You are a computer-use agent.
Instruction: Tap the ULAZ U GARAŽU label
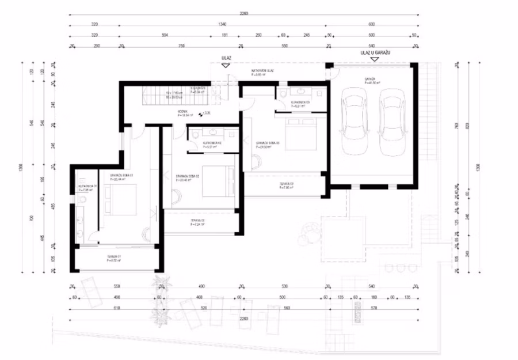tap(376, 53)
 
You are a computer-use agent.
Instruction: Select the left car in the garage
tap(353, 122)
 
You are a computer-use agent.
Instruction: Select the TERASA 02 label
tap(199, 222)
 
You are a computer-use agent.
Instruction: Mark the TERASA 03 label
tap(287, 185)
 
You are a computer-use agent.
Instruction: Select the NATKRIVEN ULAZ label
tap(262, 71)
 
